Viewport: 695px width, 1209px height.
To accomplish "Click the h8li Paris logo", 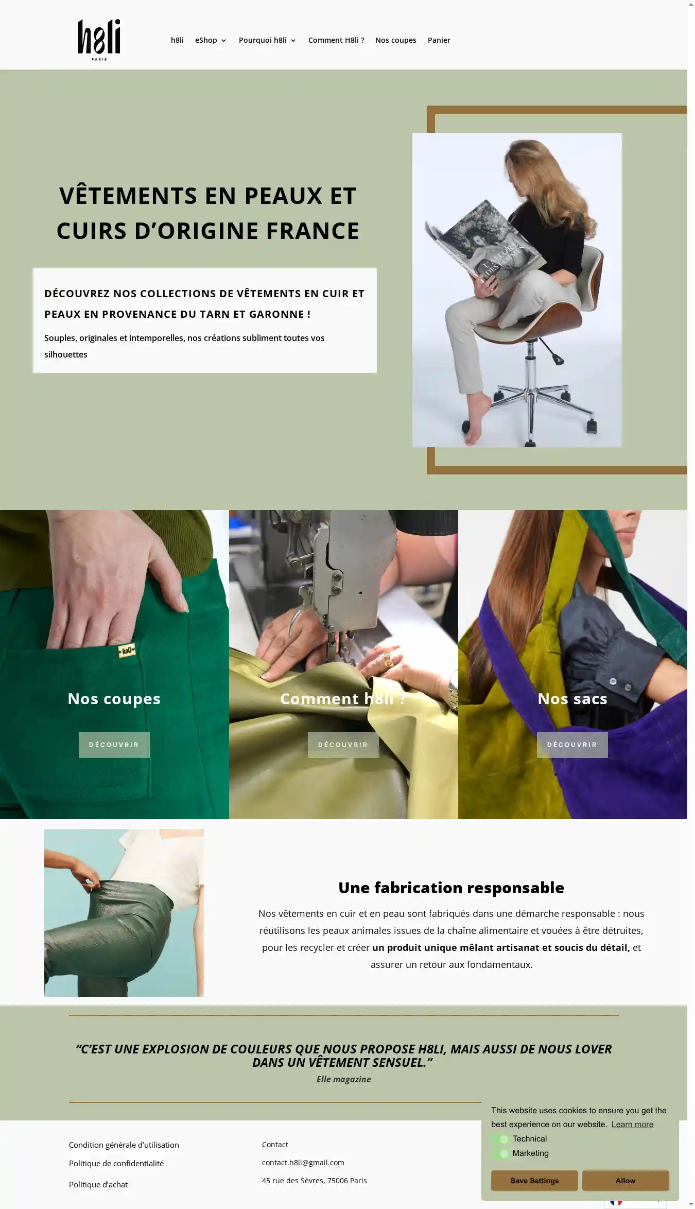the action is point(99,40).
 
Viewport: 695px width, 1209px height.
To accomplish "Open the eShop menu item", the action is point(211,40).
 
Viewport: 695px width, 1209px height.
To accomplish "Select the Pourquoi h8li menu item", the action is point(267,40).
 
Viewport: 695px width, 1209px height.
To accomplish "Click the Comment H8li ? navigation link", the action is point(336,40).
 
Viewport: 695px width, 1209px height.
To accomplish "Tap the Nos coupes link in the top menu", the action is point(395,40).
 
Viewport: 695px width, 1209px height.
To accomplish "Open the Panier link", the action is point(439,40).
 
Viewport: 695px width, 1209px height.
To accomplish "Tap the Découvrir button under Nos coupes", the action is point(114,744).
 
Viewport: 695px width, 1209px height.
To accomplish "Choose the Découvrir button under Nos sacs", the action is point(572,744).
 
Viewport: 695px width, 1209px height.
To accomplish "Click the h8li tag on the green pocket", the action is point(127,651).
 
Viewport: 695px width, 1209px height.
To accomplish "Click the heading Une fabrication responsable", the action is point(451,888).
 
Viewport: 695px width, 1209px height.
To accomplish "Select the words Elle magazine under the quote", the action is point(343,1079).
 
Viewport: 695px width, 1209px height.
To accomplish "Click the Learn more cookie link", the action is point(632,1125).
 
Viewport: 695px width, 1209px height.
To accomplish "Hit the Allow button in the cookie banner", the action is point(625,1181).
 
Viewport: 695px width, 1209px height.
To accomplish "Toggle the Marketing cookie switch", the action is point(500,1153).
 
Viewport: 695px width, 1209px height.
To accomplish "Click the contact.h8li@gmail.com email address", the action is point(303,1163).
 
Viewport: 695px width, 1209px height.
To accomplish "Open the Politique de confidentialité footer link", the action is point(116,1164).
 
